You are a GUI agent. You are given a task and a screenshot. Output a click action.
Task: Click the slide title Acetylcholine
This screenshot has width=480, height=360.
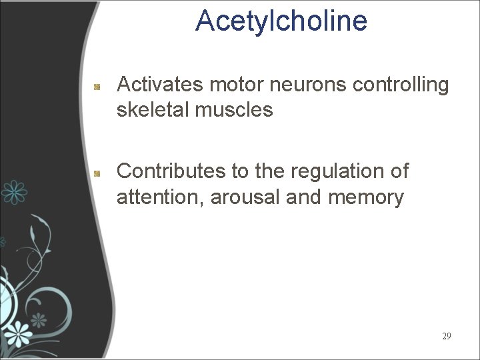(281, 21)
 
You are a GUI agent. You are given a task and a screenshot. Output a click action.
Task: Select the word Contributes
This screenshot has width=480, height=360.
(171, 171)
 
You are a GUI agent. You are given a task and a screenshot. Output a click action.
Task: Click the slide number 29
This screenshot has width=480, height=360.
(446, 336)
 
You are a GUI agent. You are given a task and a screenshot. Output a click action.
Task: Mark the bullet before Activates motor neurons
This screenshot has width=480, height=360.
(97, 87)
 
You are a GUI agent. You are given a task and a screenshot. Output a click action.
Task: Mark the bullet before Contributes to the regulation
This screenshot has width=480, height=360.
(97, 173)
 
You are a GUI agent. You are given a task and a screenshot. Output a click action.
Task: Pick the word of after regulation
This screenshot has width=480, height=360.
(399, 171)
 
